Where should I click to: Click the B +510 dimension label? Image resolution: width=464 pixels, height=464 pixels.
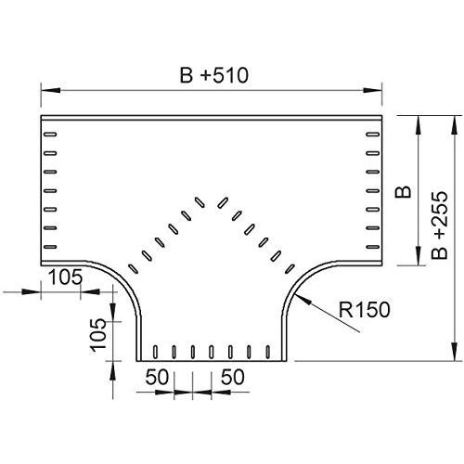click(214, 75)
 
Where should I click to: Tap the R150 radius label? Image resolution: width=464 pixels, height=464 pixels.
click(365, 309)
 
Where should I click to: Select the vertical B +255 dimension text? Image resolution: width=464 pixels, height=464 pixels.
click(440, 226)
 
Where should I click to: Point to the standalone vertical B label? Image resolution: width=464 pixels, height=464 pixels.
click(403, 192)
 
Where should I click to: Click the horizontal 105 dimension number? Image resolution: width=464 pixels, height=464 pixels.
click(66, 277)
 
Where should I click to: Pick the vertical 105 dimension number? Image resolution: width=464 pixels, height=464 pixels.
click(98, 335)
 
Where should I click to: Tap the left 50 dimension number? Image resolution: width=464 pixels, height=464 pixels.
click(157, 377)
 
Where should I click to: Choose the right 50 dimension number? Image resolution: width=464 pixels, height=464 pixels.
click(233, 377)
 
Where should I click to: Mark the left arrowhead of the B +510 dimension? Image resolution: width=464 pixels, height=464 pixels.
click(50, 90)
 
